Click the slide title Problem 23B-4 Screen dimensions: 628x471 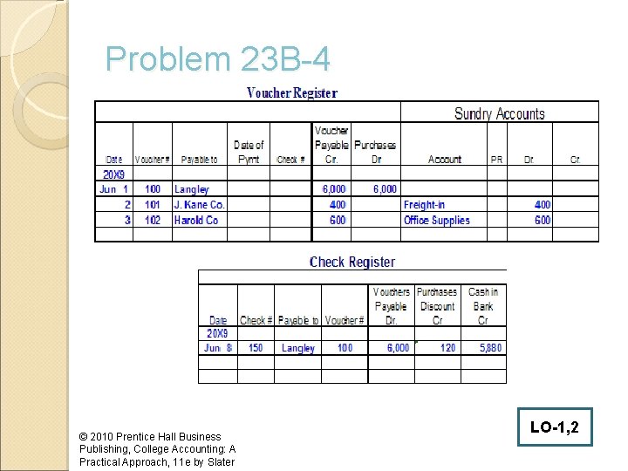click(217, 60)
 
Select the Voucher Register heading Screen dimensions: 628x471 click(291, 92)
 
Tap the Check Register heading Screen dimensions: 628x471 click(352, 262)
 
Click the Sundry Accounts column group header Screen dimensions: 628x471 click(499, 113)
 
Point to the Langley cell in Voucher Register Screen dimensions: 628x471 click(192, 189)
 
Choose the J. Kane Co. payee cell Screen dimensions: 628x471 click(200, 205)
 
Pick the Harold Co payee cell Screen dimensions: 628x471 click(196, 221)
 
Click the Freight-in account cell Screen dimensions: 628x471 click(424, 205)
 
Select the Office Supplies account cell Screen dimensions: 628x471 click(436, 221)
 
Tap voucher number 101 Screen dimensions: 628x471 click(153, 205)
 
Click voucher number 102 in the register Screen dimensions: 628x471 click(153, 221)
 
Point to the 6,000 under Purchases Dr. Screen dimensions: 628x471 click(385, 189)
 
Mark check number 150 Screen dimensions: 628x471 click(256, 348)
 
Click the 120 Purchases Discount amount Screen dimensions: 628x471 click(447, 348)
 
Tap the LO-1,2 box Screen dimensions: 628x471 click(553, 427)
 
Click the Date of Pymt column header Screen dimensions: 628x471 click(249, 152)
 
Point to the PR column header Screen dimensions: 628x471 click(496, 160)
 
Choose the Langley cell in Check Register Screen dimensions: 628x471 click(298, 348)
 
